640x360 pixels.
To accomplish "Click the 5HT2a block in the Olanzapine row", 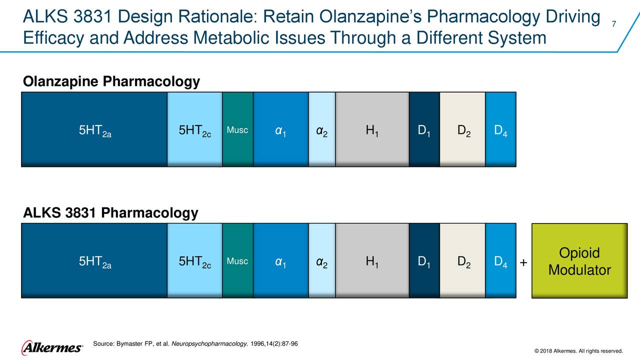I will [x=94, y=129].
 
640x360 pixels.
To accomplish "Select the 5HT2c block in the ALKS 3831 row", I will [x=194, y=260].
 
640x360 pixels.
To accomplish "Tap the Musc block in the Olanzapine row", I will [x=237, y=129].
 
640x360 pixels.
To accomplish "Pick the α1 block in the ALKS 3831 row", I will [x=280, y=260].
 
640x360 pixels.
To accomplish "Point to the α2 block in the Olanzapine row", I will [x=322, y=129].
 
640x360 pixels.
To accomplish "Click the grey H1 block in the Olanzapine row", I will [x=372, y=129].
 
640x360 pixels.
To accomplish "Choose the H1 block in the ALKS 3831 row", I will [x=372, y=260].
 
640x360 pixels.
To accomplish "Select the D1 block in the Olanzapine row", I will [x=424, y=129].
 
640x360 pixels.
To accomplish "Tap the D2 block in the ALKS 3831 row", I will [x=462, y=260].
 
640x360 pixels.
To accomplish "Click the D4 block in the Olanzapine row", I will [x=500, y=129].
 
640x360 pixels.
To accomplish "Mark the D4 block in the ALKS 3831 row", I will [x=500, y=260].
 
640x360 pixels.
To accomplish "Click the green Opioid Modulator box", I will [x=579, y=261].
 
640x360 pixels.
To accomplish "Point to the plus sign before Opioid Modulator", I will [x=523, y=263].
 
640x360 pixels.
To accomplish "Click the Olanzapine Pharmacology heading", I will [x=111, y=81].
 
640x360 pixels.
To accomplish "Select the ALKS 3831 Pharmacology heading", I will [x=110, y=213].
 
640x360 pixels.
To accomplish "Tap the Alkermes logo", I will [x=52, y=347].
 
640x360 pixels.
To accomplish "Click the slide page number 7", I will [x=613, y=25].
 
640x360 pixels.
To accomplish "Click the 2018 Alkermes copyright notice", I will [x=578, y=350].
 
